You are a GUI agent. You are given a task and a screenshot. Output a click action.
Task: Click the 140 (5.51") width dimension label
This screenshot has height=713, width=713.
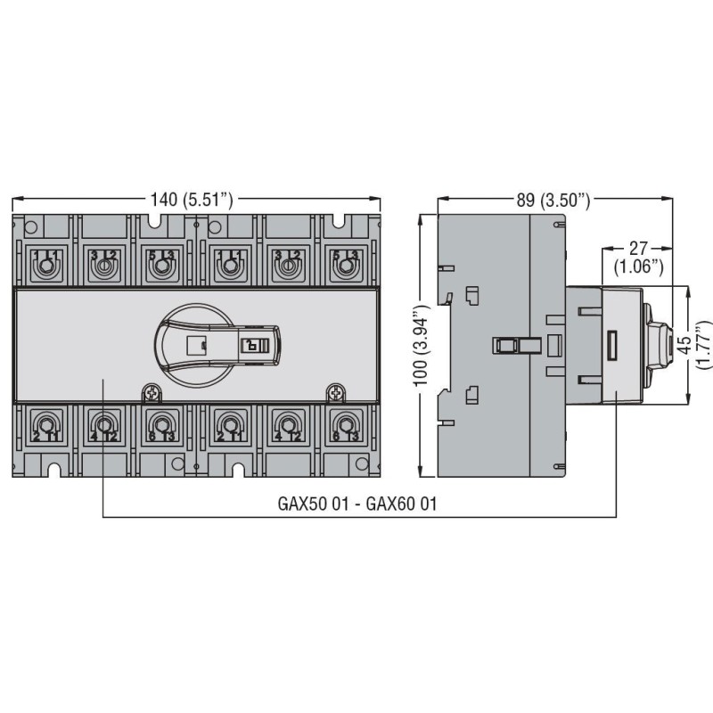pos(193,201)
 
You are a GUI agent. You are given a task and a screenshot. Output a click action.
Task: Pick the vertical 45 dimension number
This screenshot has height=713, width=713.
pos(684,344)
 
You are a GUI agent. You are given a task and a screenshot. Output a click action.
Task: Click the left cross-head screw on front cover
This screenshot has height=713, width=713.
pos(153,391)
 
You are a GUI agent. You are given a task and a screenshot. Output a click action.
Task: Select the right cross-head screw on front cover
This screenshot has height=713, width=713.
pos(336,391)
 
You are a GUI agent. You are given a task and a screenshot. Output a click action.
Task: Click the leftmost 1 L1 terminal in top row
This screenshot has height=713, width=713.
pos(45,262)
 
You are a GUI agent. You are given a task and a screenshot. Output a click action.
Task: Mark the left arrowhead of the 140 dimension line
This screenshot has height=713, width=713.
pos(16,201)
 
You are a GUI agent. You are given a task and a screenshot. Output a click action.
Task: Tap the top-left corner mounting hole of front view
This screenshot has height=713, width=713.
pos(29,226)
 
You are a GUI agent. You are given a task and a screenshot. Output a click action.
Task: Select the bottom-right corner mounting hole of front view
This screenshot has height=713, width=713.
pos(361,463)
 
